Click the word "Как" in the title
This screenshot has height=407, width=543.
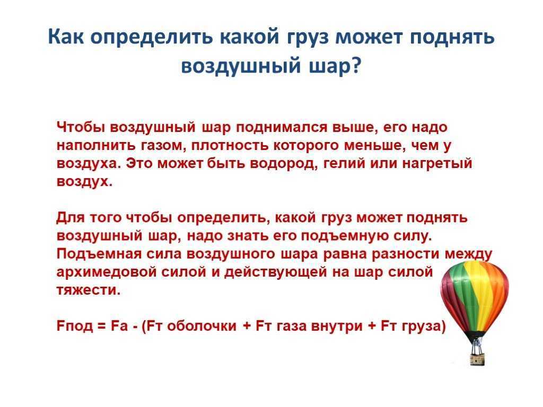66,36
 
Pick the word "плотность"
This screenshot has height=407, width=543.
230,146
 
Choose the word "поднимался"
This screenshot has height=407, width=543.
281,127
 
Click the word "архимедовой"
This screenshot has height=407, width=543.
107,272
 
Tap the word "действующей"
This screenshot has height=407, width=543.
275,272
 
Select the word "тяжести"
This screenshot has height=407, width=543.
89,290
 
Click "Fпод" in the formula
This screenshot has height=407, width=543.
74,326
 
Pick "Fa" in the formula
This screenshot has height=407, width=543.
119,326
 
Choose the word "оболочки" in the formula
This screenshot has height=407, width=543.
202,326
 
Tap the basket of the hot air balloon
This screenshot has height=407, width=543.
477,358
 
